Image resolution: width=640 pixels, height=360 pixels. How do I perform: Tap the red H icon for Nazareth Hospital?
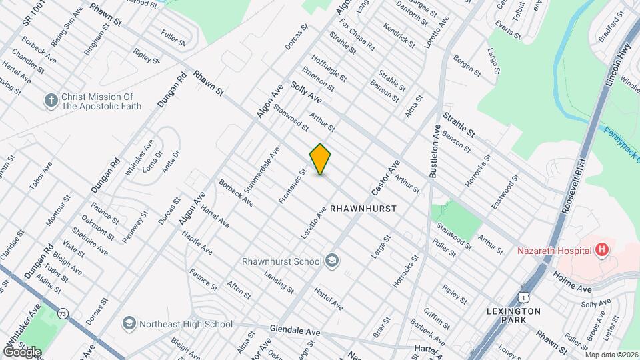pyautogui.click(x=602, y=250)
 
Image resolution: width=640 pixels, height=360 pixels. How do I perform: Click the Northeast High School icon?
pyautogui.click(x=129, y=324)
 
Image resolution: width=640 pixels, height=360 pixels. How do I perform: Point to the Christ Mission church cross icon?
pyautogui.click(x=51, y=101)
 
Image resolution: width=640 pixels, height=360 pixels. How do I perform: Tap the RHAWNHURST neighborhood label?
pyautogui.click(x=363, y=209)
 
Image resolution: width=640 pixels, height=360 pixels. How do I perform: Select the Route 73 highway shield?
pyautogui.click(x=63, y=313)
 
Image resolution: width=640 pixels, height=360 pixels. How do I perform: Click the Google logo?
pyautogui.click(x=22, y=351)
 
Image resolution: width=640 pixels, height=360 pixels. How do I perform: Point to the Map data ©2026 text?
pyautogui.click(x=611, y=355)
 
